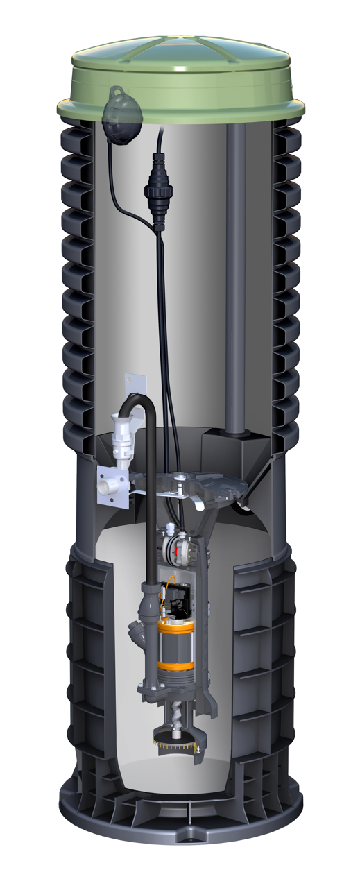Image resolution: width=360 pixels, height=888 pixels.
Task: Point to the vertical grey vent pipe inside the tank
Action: pos(236,277)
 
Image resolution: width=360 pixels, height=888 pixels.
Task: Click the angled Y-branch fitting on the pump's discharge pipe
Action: pos(137,631)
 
